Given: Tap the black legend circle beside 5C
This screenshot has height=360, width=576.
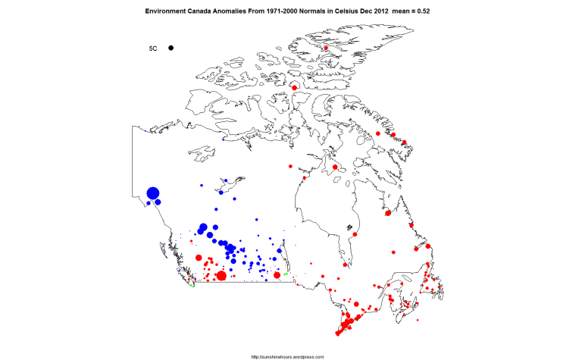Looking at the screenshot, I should coord(172,49).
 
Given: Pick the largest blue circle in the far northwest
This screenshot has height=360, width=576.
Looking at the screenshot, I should coord(152,194).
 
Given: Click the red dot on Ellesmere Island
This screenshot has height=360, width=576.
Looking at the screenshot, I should coord(325,49).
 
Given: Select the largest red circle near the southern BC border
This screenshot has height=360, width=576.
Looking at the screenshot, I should coord(221,276).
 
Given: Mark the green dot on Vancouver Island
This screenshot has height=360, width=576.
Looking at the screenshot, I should coord(193,285).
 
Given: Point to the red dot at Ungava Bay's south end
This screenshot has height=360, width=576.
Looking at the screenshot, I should coord(388,213).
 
